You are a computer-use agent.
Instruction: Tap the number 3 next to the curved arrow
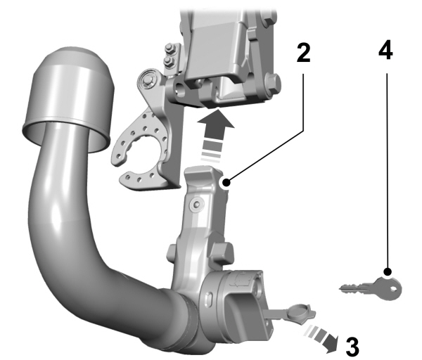[351, 345]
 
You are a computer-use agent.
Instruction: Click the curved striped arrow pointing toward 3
[324, 337]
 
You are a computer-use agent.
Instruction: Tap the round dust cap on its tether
[299, 309]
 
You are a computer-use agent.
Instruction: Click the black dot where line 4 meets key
[386, 271]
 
